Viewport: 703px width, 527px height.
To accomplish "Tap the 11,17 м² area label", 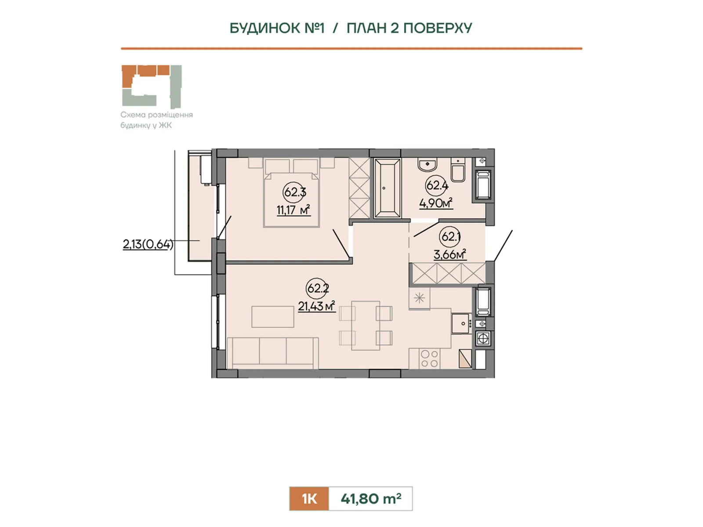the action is pos(294,210).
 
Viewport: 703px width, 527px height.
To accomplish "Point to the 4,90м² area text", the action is pos(436,203).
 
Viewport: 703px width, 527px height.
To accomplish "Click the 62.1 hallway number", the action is pos(451,236).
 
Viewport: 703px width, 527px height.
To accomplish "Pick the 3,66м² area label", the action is pos(449,255).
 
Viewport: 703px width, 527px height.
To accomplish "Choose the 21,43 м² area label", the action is pos(317,306).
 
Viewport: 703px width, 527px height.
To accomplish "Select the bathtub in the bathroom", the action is pos(387,188).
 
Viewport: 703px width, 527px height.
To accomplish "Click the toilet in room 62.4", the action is pos(458,170).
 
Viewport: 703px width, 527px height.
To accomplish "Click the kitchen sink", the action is pos(461,324).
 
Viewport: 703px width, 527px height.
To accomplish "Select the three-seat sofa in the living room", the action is pos(272,353).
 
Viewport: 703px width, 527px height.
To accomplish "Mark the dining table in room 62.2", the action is pos(366,325).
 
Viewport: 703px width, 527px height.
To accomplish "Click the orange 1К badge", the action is pos(309,498).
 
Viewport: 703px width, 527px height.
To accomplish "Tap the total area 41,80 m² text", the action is pos(371,498).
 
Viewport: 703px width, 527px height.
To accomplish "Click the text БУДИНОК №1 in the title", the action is pos(277,28).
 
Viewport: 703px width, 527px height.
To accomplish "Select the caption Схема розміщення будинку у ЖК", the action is pos(156,119).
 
